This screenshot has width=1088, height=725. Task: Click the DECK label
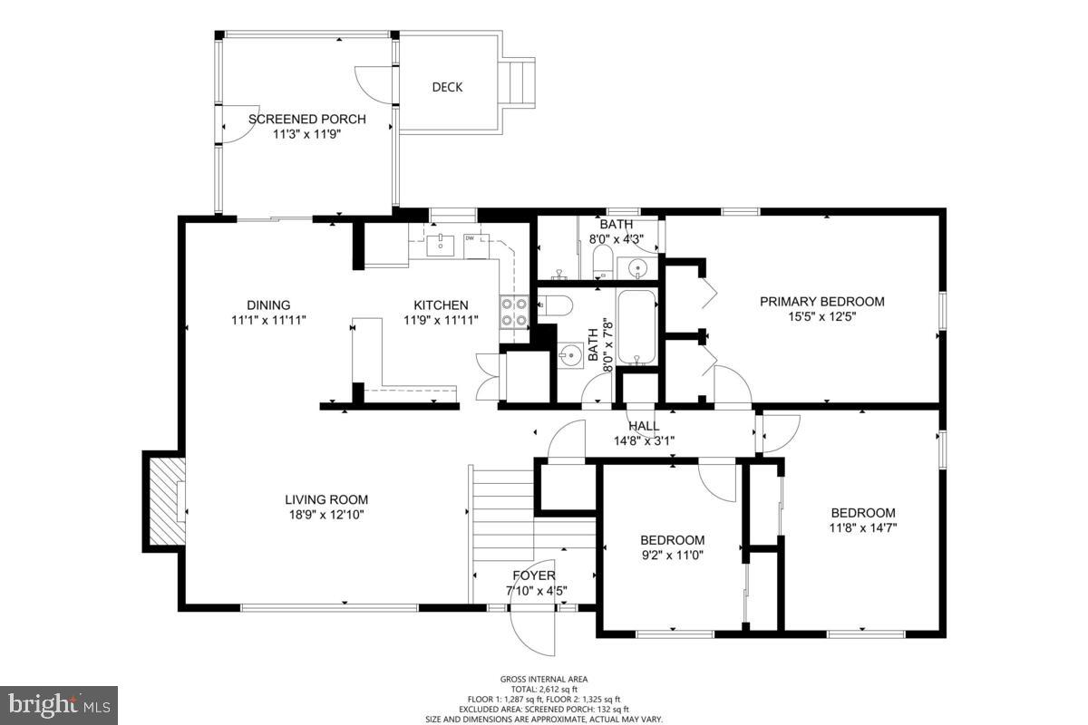point(447,87)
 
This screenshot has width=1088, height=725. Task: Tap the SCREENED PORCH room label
point(307,119)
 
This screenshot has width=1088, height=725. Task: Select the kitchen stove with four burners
point(514,312)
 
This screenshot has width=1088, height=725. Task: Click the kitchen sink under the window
point(440,246)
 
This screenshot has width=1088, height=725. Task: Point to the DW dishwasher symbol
point(476,246)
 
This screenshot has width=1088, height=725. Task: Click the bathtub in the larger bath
point(636,327)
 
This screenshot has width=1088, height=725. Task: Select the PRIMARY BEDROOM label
point(821,302)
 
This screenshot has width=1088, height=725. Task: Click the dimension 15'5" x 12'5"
point(821,317)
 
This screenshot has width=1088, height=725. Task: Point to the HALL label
point(644,426)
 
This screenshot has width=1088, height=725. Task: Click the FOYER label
point(534,575)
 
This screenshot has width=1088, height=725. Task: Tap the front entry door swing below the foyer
point(531,632)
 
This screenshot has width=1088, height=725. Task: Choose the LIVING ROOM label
point(326,499)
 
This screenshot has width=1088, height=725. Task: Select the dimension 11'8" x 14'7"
point(863,527)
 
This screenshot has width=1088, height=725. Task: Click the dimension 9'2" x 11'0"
point(673,555)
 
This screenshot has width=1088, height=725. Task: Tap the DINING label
point(268,305)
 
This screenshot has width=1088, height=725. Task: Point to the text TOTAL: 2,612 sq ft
point(544,690)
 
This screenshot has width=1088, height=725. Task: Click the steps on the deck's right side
point(519,82)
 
